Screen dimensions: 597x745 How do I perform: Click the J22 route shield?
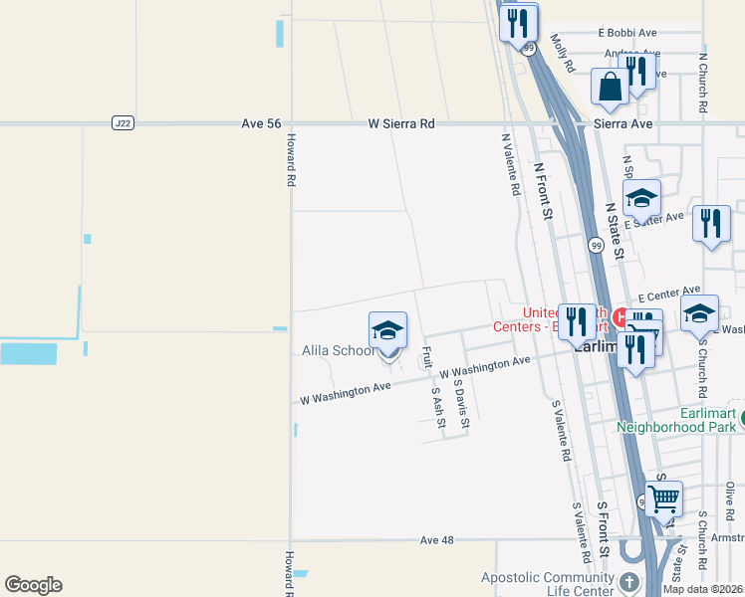tap(123, 123)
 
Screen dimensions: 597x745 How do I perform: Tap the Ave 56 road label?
tap(261, 123)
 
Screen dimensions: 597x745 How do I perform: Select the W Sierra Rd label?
tap(401, 123)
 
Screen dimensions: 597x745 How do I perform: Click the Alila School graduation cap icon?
tap(387, 331)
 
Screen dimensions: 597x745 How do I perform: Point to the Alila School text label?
tap(339, 350)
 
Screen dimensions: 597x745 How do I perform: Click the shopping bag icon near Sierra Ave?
tap(610, 87)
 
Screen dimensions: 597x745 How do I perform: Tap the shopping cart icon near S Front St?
tap(663, 497)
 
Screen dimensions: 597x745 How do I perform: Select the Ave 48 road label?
tap(436, 540)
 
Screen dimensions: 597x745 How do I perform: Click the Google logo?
tap(33, 585)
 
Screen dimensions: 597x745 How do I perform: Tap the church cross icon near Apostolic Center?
tap(629, 582)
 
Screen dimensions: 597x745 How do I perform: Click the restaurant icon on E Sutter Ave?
tap(711, 224)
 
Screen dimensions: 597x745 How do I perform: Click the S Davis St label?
tap(460, 402)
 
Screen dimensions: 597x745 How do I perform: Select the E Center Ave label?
tap(669, 294)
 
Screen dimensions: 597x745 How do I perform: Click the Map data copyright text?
tap(703, 589)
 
